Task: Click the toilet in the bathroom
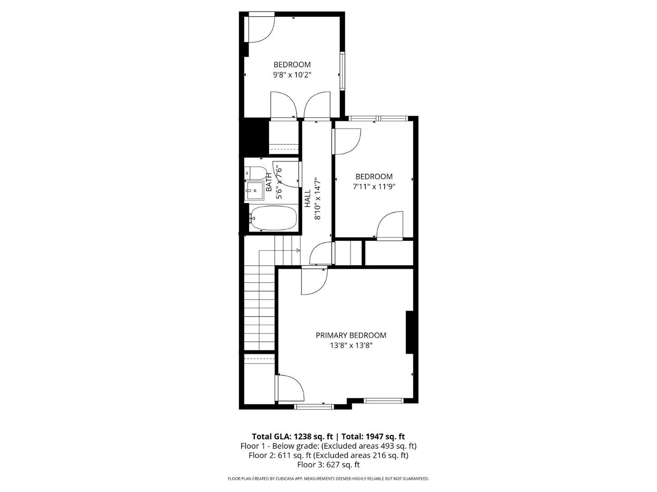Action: click(256, 174)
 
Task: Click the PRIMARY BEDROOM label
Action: click(351, 335)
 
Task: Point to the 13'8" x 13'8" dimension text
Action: click(351, 345)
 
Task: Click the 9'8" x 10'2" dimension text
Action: click(292, 75)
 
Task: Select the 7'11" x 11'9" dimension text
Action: click(374, 186)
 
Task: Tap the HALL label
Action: click(308, 199)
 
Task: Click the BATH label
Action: click(269, 182)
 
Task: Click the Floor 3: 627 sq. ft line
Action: click(328, 465)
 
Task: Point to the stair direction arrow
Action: click(297, 250)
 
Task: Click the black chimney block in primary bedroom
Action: click(410, 332)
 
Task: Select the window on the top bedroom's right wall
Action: click(342, 72)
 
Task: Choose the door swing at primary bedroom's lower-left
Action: click(290, 389)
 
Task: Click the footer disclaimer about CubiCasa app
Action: click(328, 479)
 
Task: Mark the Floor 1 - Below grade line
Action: click(328, 446)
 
